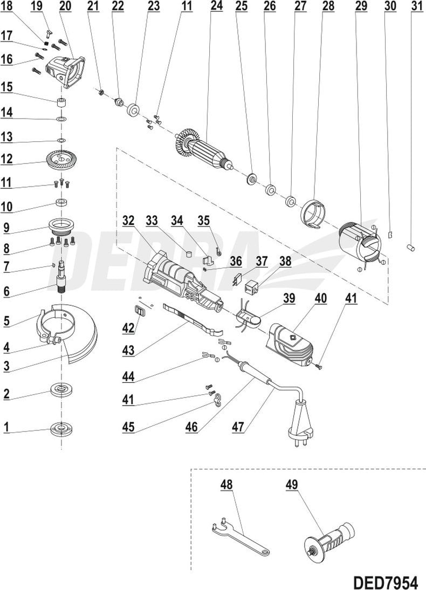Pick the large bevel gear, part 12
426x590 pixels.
[x=60, y=160]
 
